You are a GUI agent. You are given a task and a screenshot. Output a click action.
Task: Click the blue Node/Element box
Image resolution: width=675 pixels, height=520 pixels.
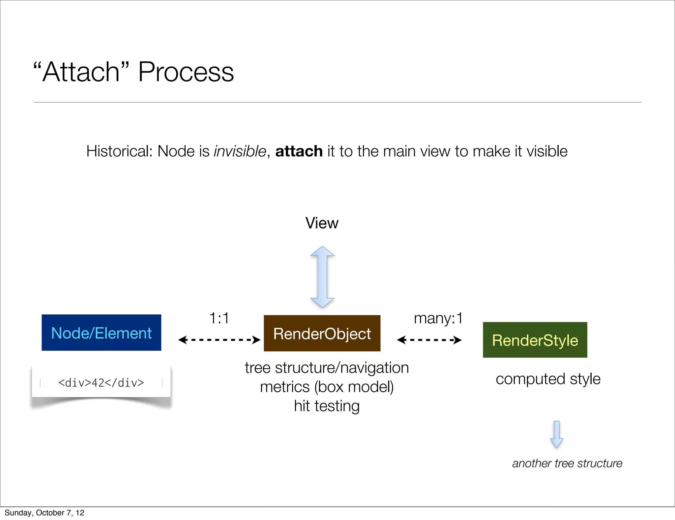point(101,333)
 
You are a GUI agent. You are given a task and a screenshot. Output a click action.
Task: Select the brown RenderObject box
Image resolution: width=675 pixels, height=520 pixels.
point(322,333)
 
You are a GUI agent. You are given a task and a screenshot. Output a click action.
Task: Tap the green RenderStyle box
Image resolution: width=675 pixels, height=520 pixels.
point(535,340)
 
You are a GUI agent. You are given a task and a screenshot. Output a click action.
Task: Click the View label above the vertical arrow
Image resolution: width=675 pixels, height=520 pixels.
point(322,223)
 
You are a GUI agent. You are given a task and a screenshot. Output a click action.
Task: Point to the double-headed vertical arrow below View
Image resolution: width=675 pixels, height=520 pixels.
point(322,277)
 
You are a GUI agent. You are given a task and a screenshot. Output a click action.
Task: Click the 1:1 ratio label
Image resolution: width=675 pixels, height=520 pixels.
point(219,318)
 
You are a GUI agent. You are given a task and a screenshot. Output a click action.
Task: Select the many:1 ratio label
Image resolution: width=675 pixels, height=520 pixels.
point(438,318)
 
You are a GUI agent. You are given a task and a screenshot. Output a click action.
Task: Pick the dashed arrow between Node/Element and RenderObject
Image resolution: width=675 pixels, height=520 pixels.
point(219,340)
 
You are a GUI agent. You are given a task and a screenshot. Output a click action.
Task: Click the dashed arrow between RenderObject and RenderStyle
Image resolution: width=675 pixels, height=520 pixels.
point(429,340)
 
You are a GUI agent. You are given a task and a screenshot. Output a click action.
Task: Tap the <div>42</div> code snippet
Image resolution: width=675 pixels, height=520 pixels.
point(101,383)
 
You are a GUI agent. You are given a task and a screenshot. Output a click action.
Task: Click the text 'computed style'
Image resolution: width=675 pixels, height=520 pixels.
point(548,379)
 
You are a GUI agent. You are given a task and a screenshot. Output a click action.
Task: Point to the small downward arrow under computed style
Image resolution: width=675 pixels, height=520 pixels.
point(557,434)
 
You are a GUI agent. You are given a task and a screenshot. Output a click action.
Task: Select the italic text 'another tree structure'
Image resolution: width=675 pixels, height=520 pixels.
point(567,463)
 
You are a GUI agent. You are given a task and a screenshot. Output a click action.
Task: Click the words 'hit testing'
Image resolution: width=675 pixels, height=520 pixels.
point(327,406)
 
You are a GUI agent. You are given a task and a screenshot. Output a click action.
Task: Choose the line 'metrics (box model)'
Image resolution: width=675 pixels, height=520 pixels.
point(327,387)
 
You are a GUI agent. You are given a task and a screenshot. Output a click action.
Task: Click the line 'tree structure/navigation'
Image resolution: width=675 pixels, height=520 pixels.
point(327,368)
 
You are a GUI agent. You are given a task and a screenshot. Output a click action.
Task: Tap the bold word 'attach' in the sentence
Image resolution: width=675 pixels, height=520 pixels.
point(299,151)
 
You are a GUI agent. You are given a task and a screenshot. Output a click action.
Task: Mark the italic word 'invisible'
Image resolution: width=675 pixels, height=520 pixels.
point(240,151)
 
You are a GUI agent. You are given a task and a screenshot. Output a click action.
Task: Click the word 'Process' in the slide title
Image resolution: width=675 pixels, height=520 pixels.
point(186,72)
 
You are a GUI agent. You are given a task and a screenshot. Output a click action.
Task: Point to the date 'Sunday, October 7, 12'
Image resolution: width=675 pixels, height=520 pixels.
point(44,513)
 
